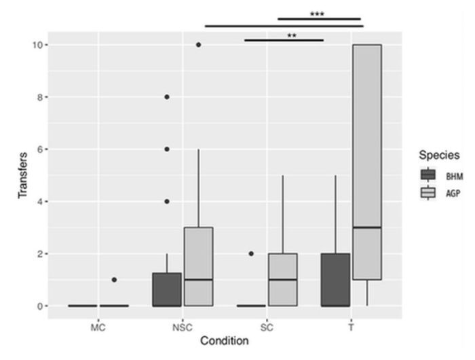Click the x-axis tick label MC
pyautogui.click(x=98, y=328)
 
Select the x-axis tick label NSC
pyautogui.click(x=183, y=328)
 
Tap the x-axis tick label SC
pyautogui.click(x=267, y=328)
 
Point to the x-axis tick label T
pyautogui.click(x=351, y=328)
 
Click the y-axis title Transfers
pyautogui.click(x=24, y=175)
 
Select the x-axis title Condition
pyautogui.click(x=225, y=341)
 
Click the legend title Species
pyautogui.click(x=439, y=155)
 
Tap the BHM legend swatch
pyautogui.click(x=428, y=175)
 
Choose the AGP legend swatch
pyautogui.click(x=428, y=193)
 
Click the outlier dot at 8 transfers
pyautogui.click(x=167, y=97)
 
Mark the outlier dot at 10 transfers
pyautogui.click(x=198, y=45)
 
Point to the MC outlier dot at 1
pyautogui.click(x=114, y=280)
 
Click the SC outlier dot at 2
pyautogui.click(x=251, y=253)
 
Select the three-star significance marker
pyautogui.click(x=317, y=14)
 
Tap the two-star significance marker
pyautogui.click(x=292, y=36)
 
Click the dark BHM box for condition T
pyautogui.click(x=335, y=279)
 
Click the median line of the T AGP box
pyautogui.click(x=366, y=228)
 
